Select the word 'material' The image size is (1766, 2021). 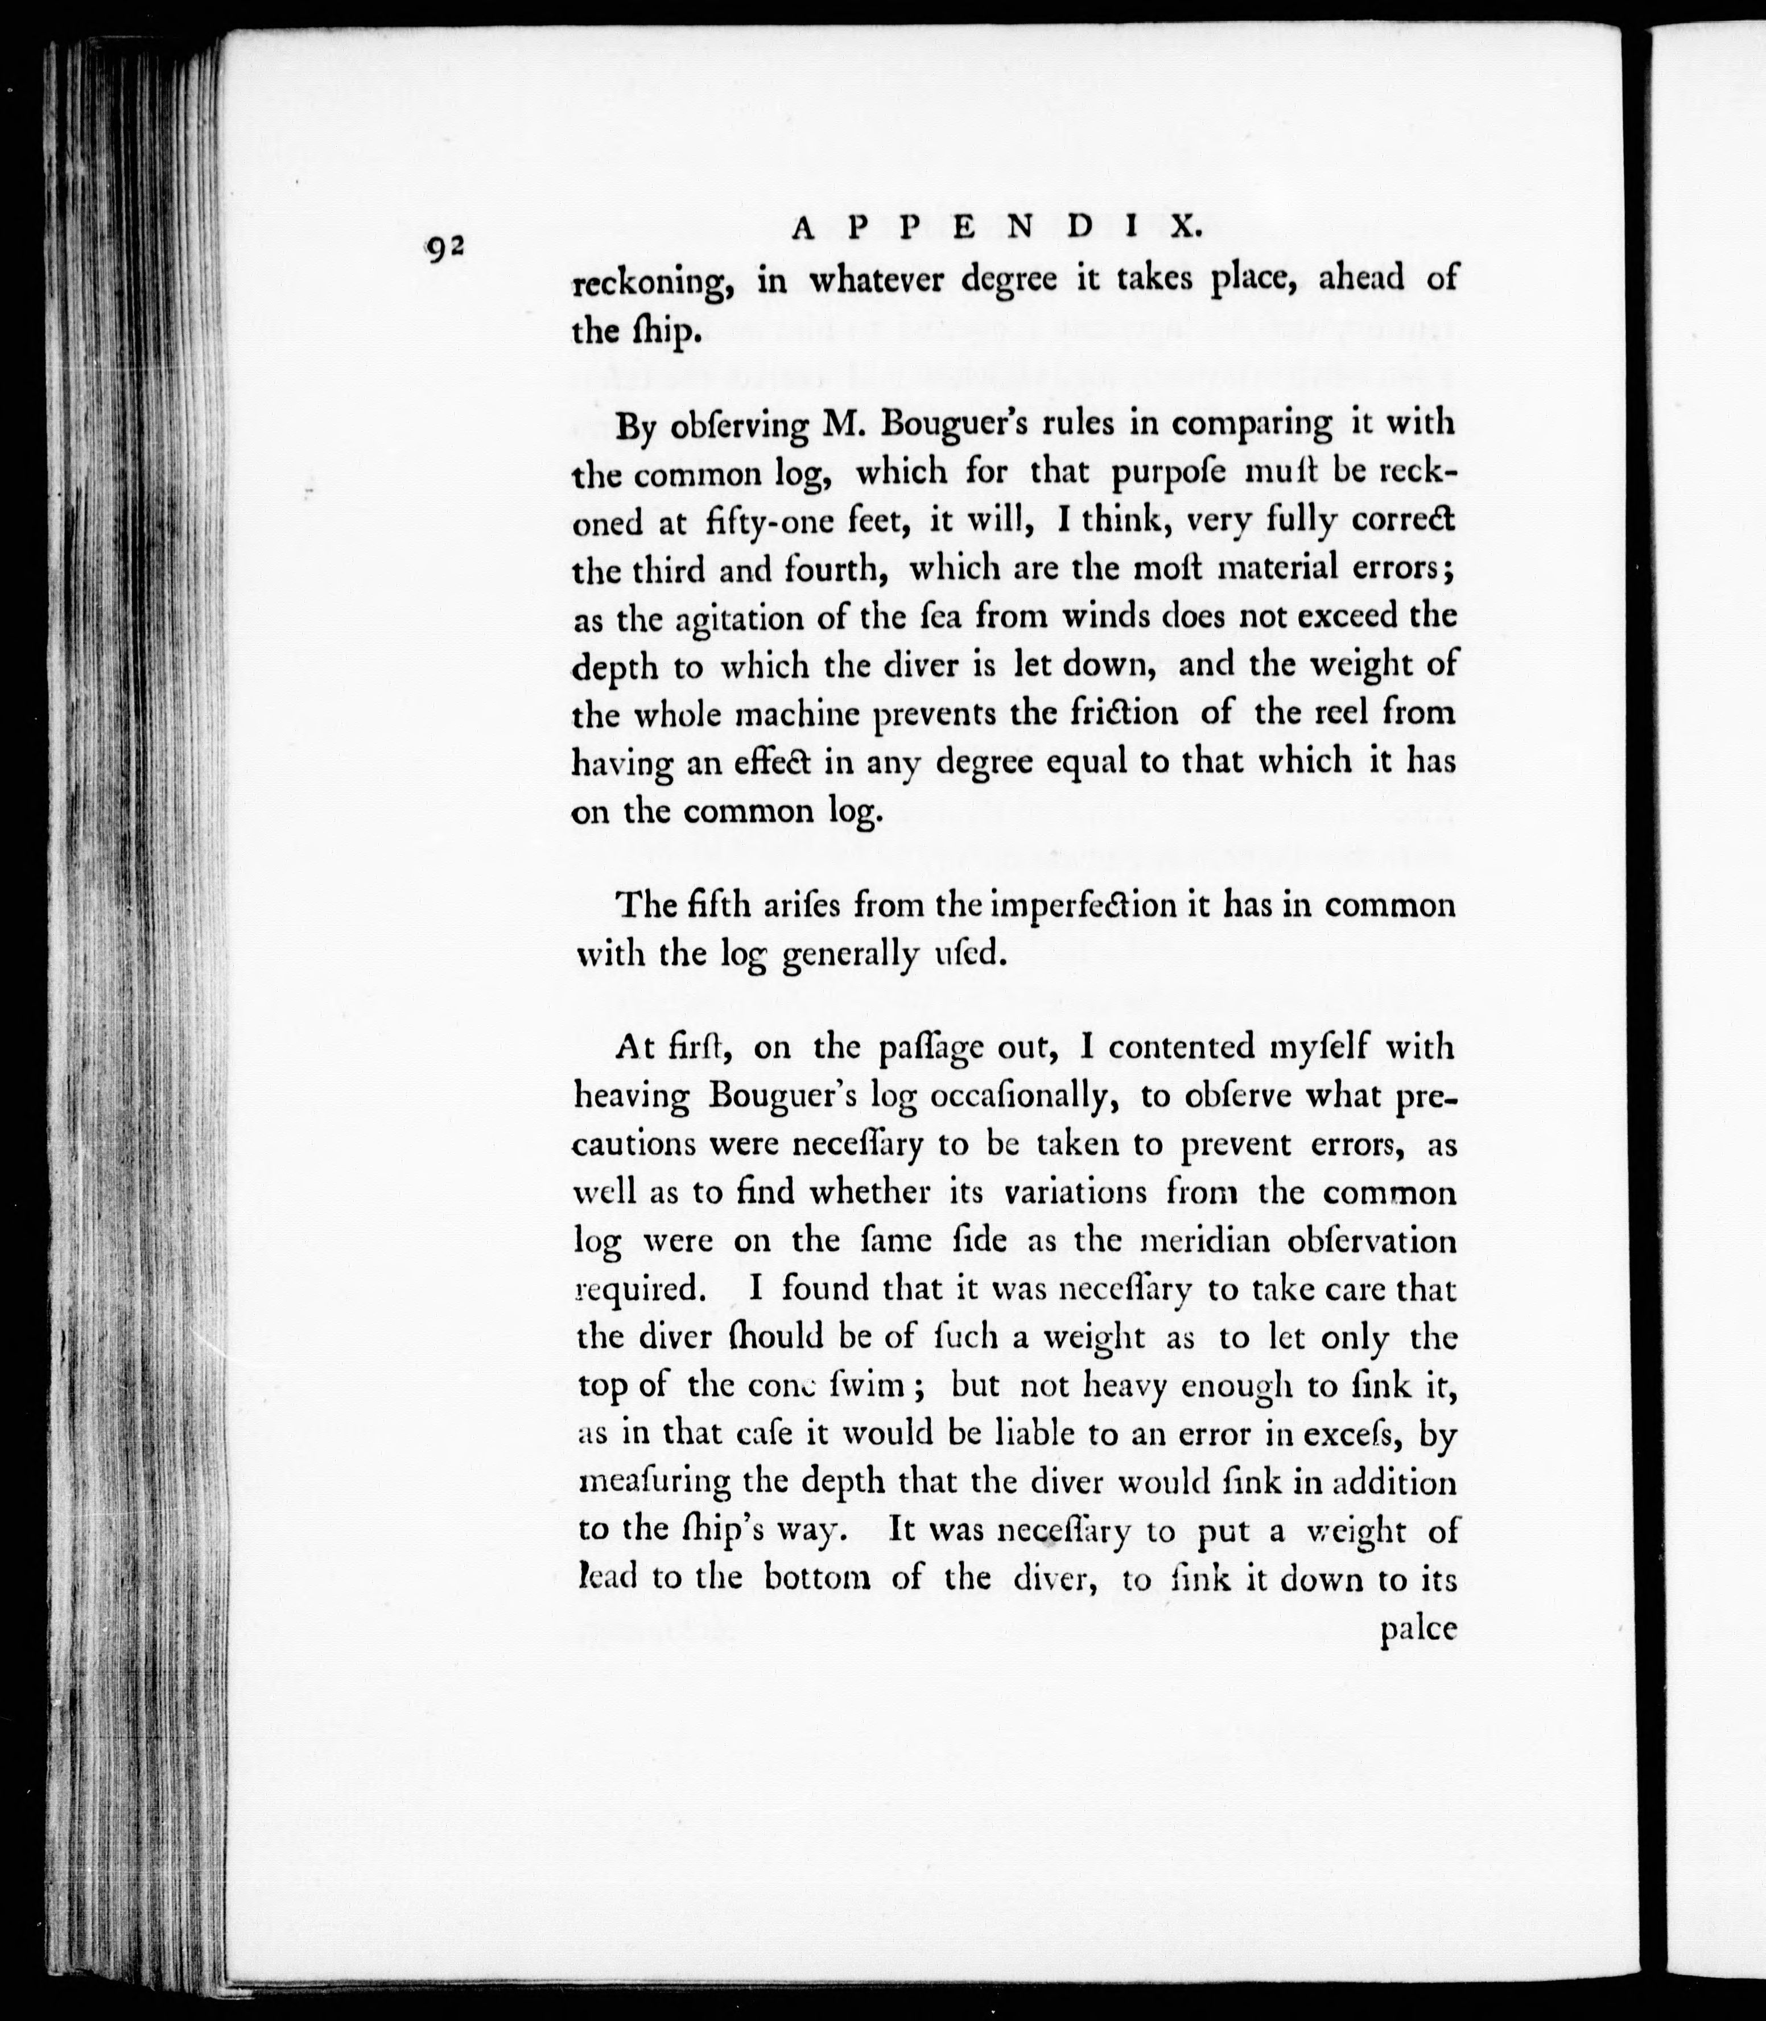[1241, 568]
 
